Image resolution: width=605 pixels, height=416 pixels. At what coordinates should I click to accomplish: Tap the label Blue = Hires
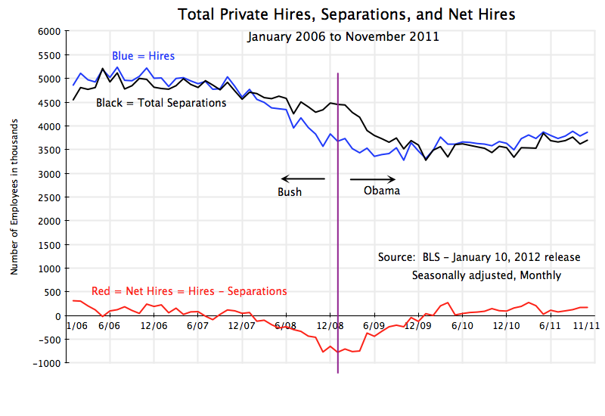click(x=144, y=56)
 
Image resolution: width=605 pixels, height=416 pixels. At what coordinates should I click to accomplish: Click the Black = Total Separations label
click(x=161, y=103)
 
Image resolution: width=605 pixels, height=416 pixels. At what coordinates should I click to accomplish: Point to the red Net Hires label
click(x=189, y=291)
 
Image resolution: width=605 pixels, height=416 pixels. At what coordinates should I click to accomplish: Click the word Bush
click(x=290, y=192)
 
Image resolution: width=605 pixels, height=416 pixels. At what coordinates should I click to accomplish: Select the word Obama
click(x=382, y=191)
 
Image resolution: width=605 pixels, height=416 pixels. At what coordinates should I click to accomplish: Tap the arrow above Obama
click(x=372, y=179)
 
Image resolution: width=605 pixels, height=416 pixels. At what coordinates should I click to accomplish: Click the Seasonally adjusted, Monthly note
click(x=486, y=275)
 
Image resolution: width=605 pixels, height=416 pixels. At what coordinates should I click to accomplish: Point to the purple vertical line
click(x=337, y=227)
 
